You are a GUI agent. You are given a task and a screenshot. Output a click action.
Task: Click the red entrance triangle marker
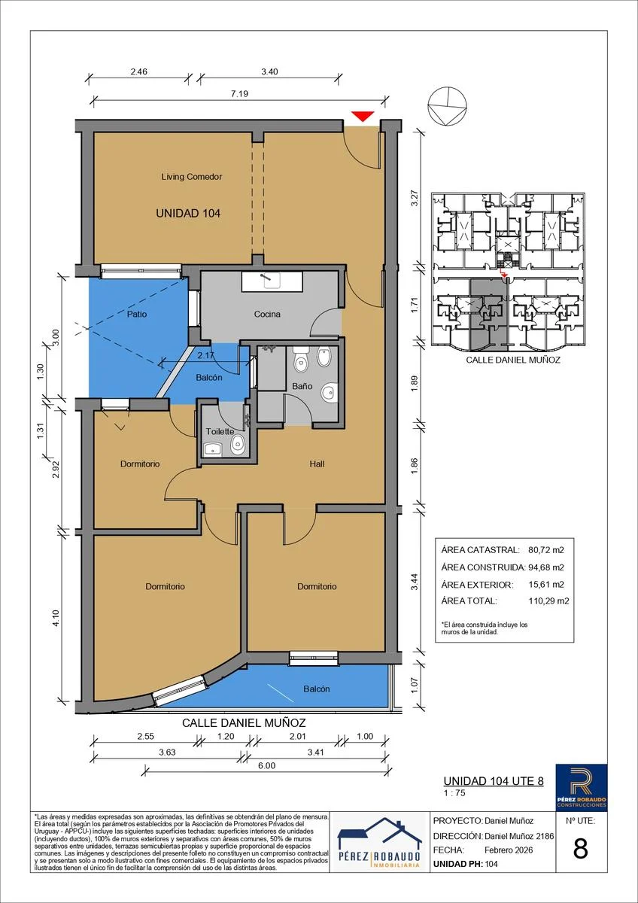point(363,116)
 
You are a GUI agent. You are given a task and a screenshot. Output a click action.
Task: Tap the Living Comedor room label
point(191,177)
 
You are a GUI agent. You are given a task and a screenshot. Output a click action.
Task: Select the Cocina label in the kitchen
point(267,314)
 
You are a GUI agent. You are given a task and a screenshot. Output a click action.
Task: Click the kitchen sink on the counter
point(272,280)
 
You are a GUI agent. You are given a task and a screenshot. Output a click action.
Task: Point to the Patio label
point(137,314)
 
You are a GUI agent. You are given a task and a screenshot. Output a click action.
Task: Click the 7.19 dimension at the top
point(239,93)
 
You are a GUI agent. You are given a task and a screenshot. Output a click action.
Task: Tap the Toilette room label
point(220,431)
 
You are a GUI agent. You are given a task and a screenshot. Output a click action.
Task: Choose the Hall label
point(317,464)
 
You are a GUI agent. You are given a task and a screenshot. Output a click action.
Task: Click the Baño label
point(302,386)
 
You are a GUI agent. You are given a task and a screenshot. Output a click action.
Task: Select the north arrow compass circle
point(448,105)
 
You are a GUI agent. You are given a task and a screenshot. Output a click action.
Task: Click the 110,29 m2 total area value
point(549,601)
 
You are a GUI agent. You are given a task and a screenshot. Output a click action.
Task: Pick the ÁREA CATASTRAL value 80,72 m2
point(546,550)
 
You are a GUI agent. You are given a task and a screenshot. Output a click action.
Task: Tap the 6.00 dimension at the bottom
point(267,765)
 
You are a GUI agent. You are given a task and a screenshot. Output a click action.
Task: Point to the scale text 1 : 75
point(454,793)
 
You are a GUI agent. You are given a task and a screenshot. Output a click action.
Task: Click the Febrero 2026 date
point(509,850)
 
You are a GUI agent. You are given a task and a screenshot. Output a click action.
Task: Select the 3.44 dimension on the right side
point(415,582)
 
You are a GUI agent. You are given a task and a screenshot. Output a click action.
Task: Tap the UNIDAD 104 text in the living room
point(188,213)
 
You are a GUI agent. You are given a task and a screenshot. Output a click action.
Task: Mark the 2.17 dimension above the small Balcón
point(206,356)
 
